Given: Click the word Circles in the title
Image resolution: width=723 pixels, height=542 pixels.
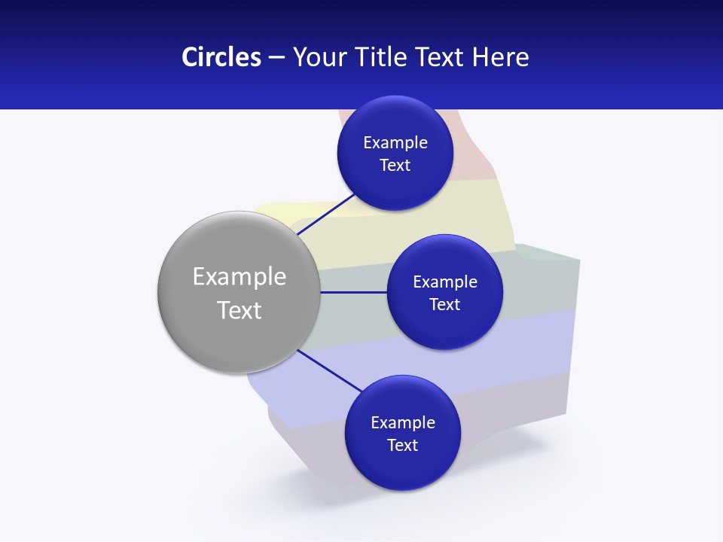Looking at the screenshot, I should (x=221, y=57).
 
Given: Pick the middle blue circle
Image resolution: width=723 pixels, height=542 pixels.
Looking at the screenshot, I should (x=444, y=324).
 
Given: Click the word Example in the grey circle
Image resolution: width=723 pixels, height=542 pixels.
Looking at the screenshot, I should (x=239, y=277).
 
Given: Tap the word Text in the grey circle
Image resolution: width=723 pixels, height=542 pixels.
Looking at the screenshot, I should (x=239, y=310).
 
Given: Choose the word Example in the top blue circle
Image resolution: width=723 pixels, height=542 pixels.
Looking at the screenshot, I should (x=395, y=143).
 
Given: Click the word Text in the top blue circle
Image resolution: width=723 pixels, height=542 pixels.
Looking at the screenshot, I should (x=395, y=166).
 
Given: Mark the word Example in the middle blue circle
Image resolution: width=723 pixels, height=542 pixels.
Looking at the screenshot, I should (x=445, y=282).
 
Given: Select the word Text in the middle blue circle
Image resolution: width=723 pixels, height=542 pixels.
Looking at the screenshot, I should (x=444, y=305).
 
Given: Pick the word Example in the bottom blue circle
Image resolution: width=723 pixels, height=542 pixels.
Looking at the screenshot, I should (x=403, y=423).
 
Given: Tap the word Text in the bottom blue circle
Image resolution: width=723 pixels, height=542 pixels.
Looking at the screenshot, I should (x=402, y=446).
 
